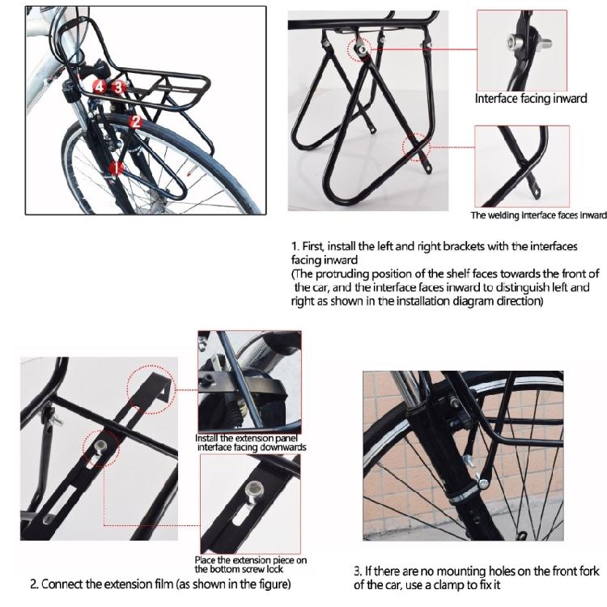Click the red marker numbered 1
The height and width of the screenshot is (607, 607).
pyautogui.click(x=115, y=168)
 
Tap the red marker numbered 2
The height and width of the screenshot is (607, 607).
pyautogui.click(x=136, y=121)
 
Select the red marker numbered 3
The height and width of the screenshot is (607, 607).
pyautogui.click(x=118, y=86)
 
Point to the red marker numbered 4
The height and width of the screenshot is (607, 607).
pyautogui.click(x=100, y=85)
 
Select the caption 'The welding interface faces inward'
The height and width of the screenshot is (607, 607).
pyautogui.click(x=538, y=215)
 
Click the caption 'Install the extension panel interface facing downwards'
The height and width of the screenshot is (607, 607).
pyautogui.click(x=250, y=443)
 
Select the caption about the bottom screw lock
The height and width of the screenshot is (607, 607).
pyautogui.click(x=251, y=564)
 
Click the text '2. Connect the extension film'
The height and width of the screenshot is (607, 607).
pyautogui.click(x=160, y=584)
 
